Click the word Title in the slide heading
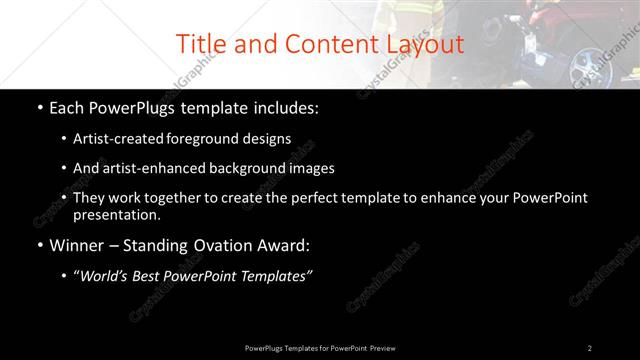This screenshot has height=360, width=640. [x=200, y=44]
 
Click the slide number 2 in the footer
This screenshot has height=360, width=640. [x=590, y=348]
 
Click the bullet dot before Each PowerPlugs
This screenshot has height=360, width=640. [x=38, y=107]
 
